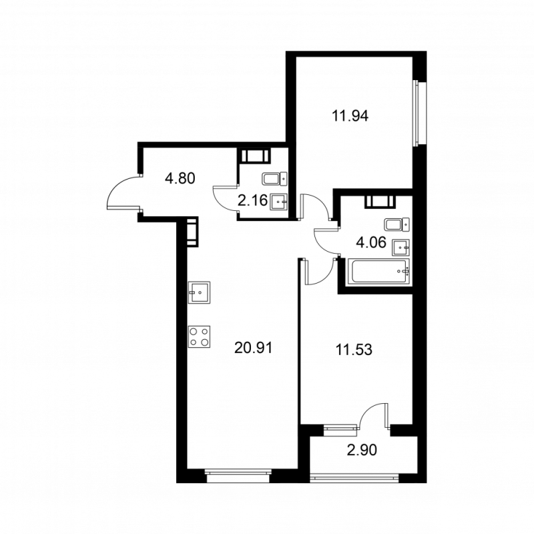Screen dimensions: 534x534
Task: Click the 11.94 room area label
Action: (x=350, y=116)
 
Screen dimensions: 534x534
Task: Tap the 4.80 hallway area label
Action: (x=180, y=178)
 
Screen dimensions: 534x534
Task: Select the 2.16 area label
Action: (x=252, y=201)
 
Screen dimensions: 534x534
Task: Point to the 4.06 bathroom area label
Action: (x=371, y=242)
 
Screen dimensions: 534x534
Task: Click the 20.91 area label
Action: (x=254, y=348)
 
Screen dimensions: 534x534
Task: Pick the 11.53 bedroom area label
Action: (x=354, y=350)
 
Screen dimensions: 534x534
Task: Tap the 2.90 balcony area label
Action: (x=362, y=450)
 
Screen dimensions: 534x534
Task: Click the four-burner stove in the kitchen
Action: (x=199, y=336)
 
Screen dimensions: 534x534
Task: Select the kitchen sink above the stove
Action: (x=199, y=292)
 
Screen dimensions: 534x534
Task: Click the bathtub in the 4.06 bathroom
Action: (x=377, y=272)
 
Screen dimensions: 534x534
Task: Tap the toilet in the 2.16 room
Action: (x=275, y=179)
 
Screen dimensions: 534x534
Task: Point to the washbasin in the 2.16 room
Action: (x=279, y=202)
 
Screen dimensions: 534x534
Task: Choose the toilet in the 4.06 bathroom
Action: (x=396, y=225)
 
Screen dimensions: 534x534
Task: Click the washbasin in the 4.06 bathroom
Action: (x=401, y=247)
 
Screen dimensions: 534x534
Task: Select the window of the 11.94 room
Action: (x=416, y=113)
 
